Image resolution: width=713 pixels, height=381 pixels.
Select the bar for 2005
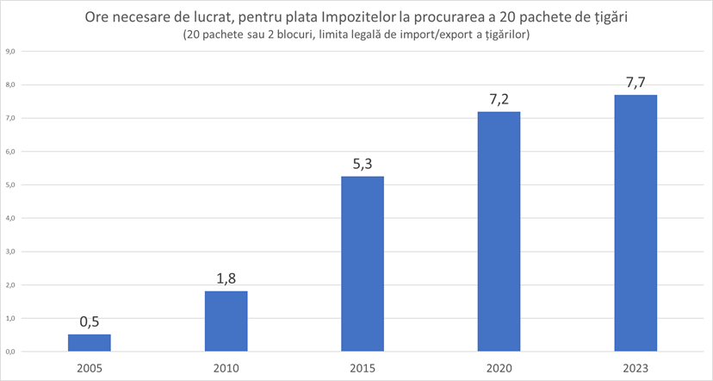pyautogui.click(x=90, y=343)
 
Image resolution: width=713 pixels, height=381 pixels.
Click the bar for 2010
pyautogui.click(x=226, y=321)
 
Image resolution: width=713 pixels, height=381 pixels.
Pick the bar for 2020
pyautogui.click(x=499, y=231)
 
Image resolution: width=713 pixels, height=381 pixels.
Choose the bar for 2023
pyautogui.click(x=635, y=222)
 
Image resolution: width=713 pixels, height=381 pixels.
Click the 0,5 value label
pyautogui.click(x=90, y=322)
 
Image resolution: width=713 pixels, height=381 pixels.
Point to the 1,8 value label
pyautogui.click(x=226, y=278)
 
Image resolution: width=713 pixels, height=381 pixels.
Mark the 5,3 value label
pyautogui.click(x=363, y=163)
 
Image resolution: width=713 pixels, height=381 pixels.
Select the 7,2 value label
pyautogui.click(x=499, y=99)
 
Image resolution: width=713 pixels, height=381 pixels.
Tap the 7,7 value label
pyautogui.click(x=635, y=82)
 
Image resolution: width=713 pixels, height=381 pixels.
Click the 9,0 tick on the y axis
pyautogui.click(x=11, y=52)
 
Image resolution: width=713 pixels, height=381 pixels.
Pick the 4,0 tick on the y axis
pyautogui.click(x=11, y=218)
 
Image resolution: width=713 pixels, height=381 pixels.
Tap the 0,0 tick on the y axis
pyautogui.click(x=11, y=352)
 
